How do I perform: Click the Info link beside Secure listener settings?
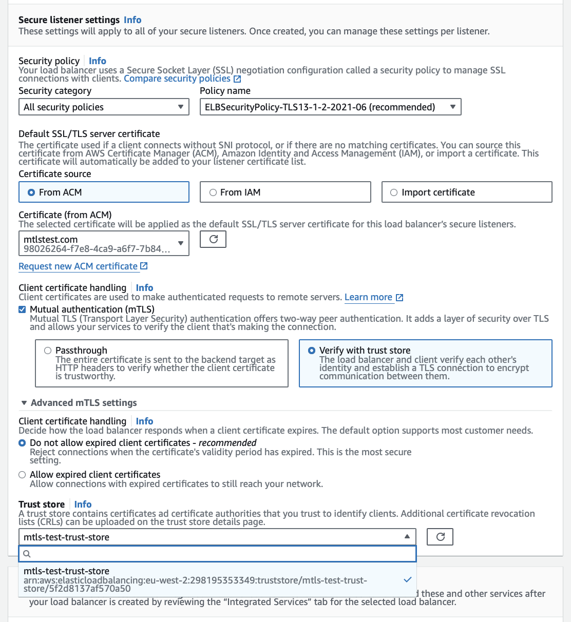click(x=132, y=20)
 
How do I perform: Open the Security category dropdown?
click(x=103, y=107)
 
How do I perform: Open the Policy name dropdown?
click(x=330, y=107)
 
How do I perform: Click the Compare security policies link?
click(x=177, y=79)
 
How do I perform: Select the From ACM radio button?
click(x=31, y=192)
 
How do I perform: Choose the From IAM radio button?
click(x=213, y=192)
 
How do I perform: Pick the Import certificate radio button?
click(x=394, y=192)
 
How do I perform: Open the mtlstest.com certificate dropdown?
click(x=103, y=244)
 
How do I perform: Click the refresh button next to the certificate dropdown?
click(x=213, y=239)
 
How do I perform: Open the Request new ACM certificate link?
click(x=78, y=266)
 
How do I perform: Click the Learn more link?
click(x=368, y=297)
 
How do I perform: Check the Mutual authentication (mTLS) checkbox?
click(x=22, y=309)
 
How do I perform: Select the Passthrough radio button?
click(x=48, y=351)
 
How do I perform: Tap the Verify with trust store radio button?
click(x=312, y=351)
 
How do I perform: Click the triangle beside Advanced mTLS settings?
click(x=24, y=403)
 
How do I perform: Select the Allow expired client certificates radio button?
click(x=22, y=475)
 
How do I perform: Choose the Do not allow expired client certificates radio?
click(x=22, y=443)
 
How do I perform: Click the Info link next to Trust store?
click(x=83, y=504)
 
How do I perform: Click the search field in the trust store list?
click(x=221, y=554)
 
